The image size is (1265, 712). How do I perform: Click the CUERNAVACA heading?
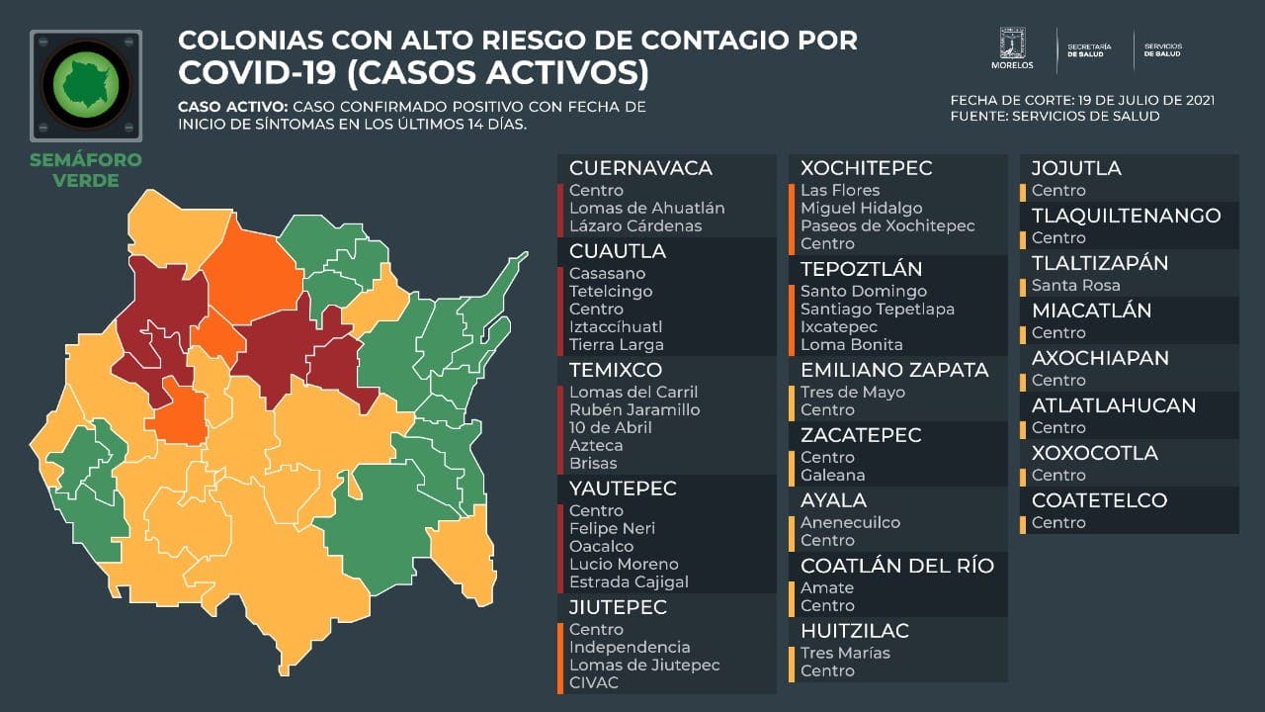640,168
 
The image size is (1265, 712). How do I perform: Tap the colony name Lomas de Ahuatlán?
646,208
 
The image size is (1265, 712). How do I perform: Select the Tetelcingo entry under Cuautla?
611,291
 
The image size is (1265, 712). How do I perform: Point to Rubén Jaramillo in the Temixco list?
634,409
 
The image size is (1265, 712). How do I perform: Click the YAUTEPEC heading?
623,489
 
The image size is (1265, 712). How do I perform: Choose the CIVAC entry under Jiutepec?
594,682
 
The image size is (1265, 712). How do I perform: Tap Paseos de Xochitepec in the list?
887,225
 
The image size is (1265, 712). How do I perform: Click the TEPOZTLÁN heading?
861,269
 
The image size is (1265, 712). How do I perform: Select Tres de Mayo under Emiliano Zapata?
852,392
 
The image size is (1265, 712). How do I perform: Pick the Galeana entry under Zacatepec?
832,475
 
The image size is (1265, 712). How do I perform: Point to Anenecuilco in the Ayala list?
850,522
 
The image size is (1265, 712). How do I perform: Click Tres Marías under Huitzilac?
845,653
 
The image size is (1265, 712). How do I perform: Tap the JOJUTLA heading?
1076,168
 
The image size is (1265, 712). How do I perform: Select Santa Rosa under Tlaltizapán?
1075,285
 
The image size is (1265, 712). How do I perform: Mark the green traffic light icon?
86,85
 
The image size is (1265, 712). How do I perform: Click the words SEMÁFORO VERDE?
86,170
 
